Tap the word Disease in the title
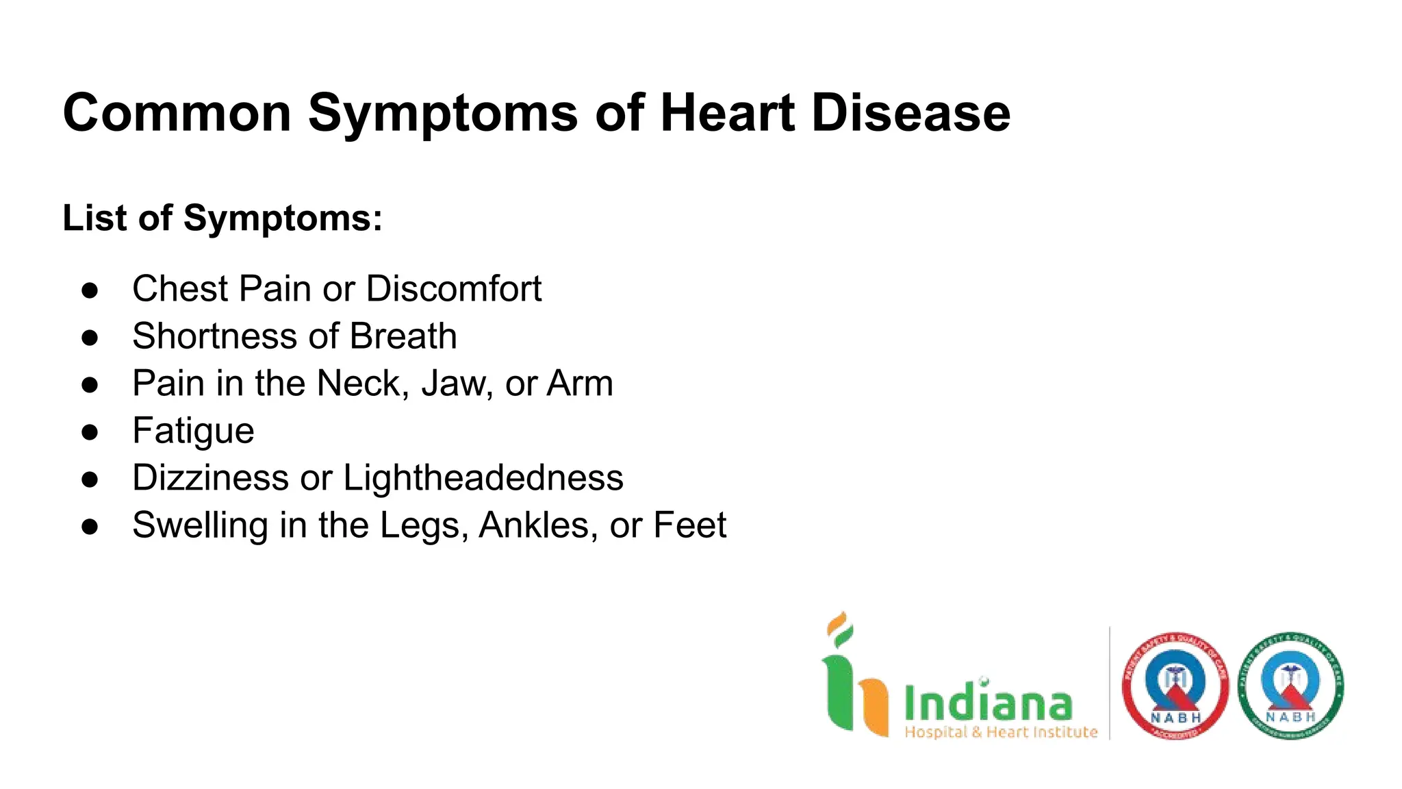coord(910,113)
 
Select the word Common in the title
coord(177,113)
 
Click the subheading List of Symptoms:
coord(222,218)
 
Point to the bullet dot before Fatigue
coord(90,432)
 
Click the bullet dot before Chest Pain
coord(90,290)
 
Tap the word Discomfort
coord(454,288)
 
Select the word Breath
coord(403,336)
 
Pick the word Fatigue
coord(193,431)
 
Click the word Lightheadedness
coord(483,478)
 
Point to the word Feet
coord(689,525)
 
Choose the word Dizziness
coord(211,478)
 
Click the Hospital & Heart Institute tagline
coord(1001,732)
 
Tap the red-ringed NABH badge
coord(1175,686)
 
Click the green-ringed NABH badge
coord(1290,686)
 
